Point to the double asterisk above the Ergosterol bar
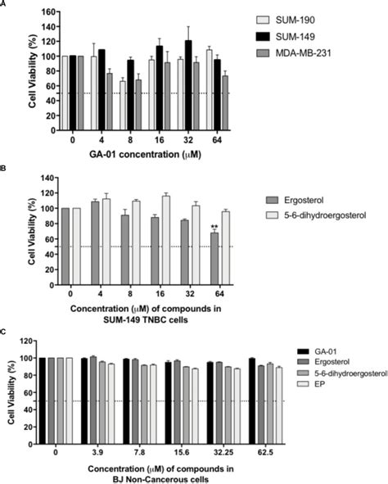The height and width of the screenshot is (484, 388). point(214,227)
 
